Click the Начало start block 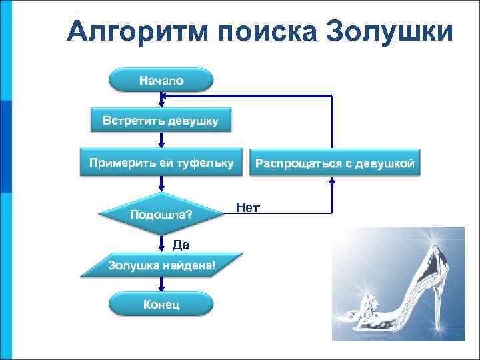click(161, 81)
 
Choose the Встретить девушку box click(160, 121)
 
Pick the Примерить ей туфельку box click(161, 162)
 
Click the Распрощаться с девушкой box click(335, 163)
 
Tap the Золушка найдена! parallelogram click(161, 265)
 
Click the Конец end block click(161, 305)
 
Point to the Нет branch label click(247, 207)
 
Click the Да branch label click(181, 245)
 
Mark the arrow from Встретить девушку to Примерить click(161, 141)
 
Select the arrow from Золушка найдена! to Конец click(161, 285)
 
